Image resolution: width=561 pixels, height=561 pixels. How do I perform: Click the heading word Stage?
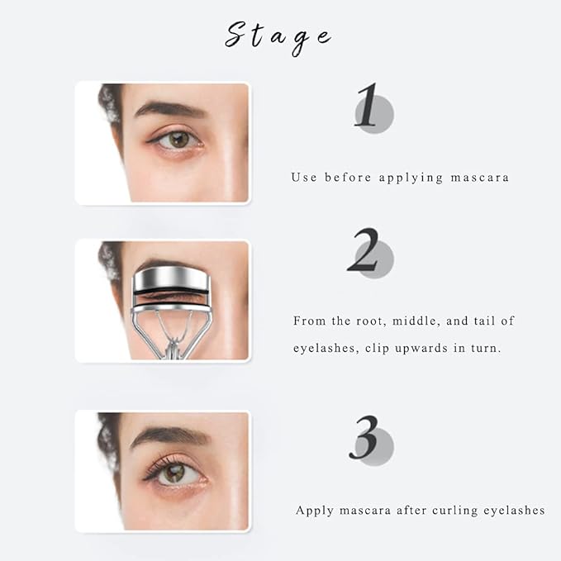(x=278, y=36)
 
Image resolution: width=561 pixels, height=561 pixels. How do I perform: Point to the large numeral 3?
(x=366, y=438)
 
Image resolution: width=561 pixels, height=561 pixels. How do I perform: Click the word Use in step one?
(x=302, y=177)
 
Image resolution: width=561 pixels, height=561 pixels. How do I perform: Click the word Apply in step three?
(x=315, y=510)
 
